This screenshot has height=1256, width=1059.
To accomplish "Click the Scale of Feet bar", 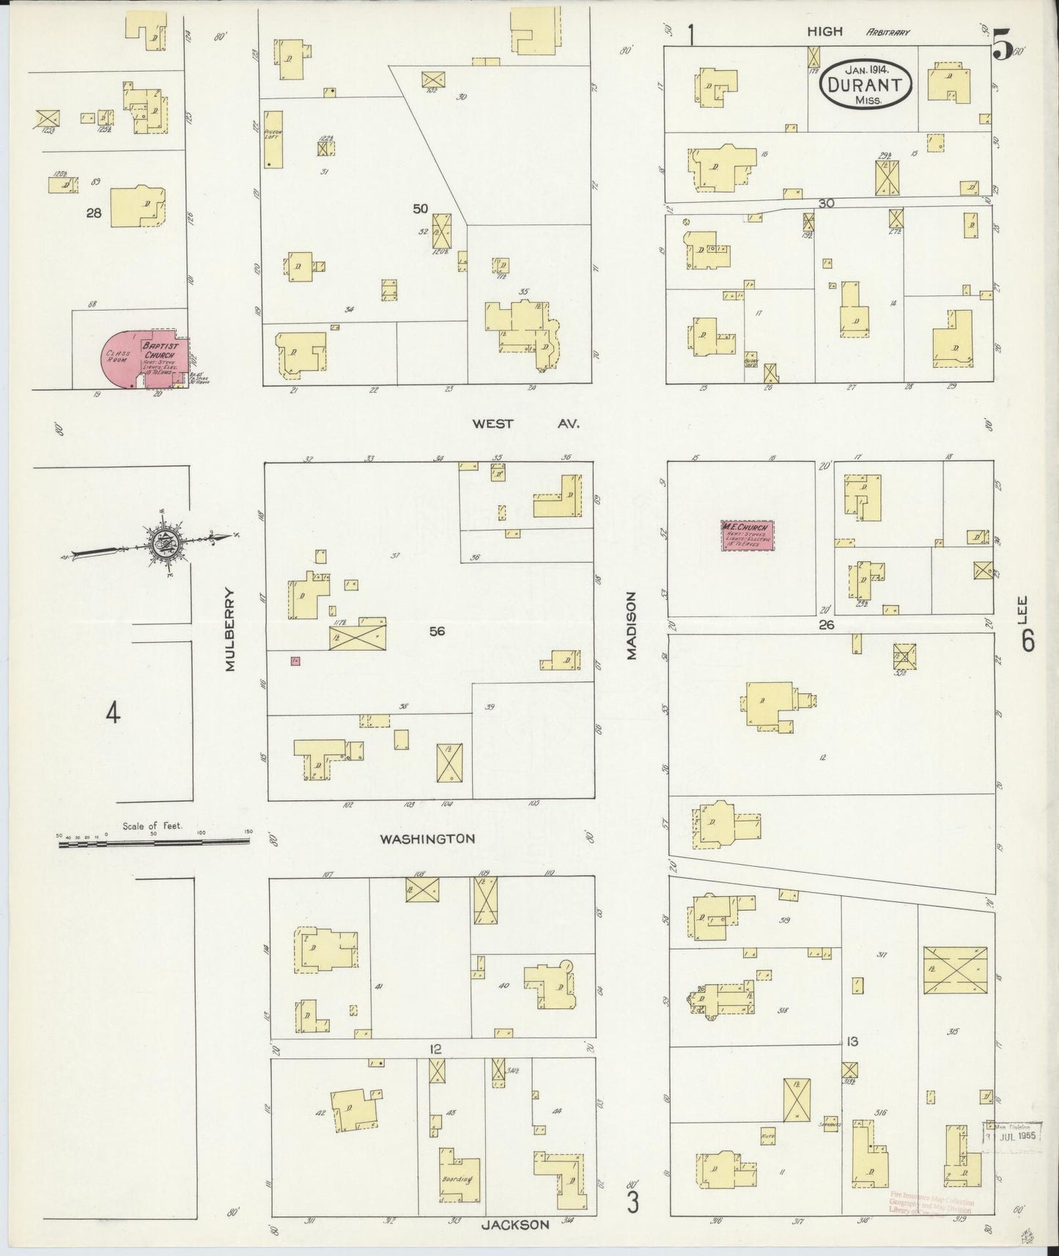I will (x=154, y=843).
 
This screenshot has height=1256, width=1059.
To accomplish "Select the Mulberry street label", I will (x=232, y=629).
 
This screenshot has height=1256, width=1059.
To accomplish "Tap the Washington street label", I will (x=427, y=838).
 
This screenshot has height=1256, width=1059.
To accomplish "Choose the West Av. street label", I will (x=525, y=423).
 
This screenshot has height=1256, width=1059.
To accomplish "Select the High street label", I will (x=824, y=32).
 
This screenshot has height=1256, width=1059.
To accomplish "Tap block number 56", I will (x=437, y=630).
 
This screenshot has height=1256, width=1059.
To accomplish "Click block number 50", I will (x=420, y=209).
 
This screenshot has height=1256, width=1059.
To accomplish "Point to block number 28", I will (x=93, y=213).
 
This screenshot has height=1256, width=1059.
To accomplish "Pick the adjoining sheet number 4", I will (x=112, y=712).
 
